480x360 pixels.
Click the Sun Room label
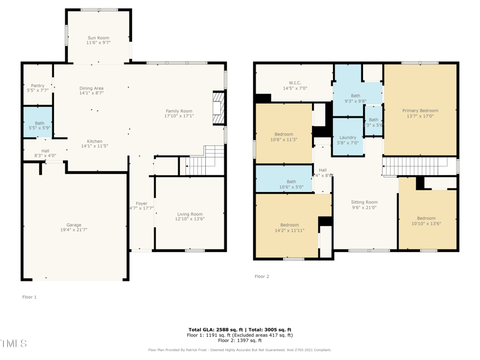pyautogui.click(x=98, y=38)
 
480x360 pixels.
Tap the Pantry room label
pyautogui.click(x=37, y=86)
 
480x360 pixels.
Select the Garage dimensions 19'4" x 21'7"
pyautogui.click(x=74, y=230)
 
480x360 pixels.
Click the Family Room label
pyautogui.click(x=179, y=111)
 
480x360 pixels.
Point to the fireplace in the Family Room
pyautogui.click(x=219, y=107)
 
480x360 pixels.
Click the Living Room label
pyautogui.click(x=190, y=214)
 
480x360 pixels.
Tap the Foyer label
pyautogui.click(x=142, y=203)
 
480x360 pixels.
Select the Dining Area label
pyautogui.click(x=91, y=88)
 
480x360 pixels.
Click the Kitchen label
pyautogui.click(x=94, y=142)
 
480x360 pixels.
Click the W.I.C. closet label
pyautogui.click(x=295, y=83)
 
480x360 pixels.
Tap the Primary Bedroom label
pyautogui.click(x=420, y=110)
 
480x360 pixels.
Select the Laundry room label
pyautogui.click(x=347, y=137)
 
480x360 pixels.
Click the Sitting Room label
pyautogui.click(x=364, y=202)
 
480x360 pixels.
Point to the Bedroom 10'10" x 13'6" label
pyautogui.click(x=426, y=218)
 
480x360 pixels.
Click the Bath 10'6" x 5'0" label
pyautogui.click(x=291, y=182)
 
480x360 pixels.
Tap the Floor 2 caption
pyautogui.click(x=262, y=277)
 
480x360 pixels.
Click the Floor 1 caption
pyautogui.click(x=29, y=297)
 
